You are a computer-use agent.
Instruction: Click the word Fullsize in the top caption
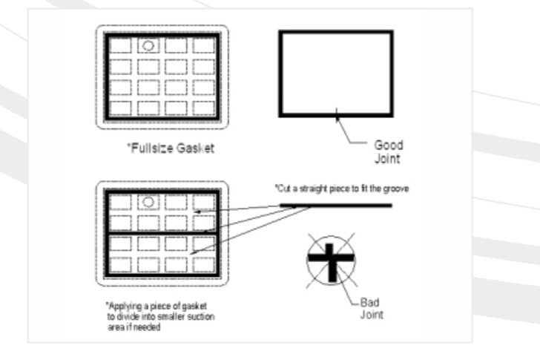click(152, 148)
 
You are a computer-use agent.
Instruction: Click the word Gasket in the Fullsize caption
click(195, 148)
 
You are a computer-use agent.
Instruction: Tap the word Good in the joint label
click(389, 145)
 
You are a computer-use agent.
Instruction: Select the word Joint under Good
click(387, 159)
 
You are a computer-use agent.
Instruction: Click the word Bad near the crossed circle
click(370, 302)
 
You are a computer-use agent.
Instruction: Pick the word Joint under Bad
click(372, 315)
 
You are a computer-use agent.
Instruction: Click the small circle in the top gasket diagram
click(148, 45)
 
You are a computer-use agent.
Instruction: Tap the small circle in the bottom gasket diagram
click(148, 202)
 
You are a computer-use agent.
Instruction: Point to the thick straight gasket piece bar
click(336, 206)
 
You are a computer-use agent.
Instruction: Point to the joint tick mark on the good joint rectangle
click(337, 113)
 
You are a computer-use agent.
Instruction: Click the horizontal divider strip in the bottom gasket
click(162, 234)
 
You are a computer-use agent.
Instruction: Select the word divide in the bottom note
click(128, 317)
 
